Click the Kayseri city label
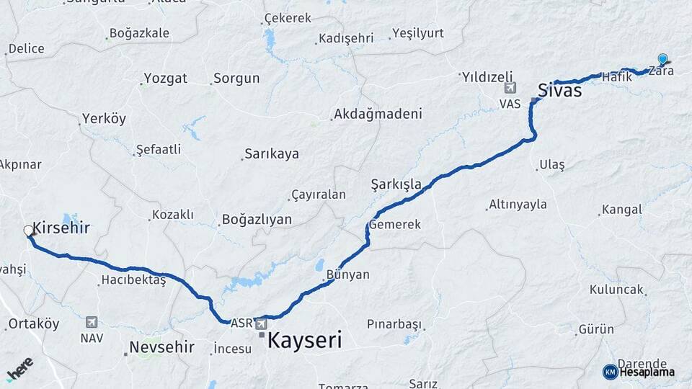304,340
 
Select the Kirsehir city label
61,228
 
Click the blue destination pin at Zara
662,60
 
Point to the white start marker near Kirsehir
29,231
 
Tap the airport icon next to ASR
260,324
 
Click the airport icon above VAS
510,88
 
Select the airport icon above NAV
91,322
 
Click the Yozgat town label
165,78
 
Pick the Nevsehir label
161,347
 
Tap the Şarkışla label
396,184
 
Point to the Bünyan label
347,274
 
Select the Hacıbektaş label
134,280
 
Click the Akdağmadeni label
378,115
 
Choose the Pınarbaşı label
394,324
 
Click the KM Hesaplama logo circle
610,372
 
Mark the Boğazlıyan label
257,220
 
